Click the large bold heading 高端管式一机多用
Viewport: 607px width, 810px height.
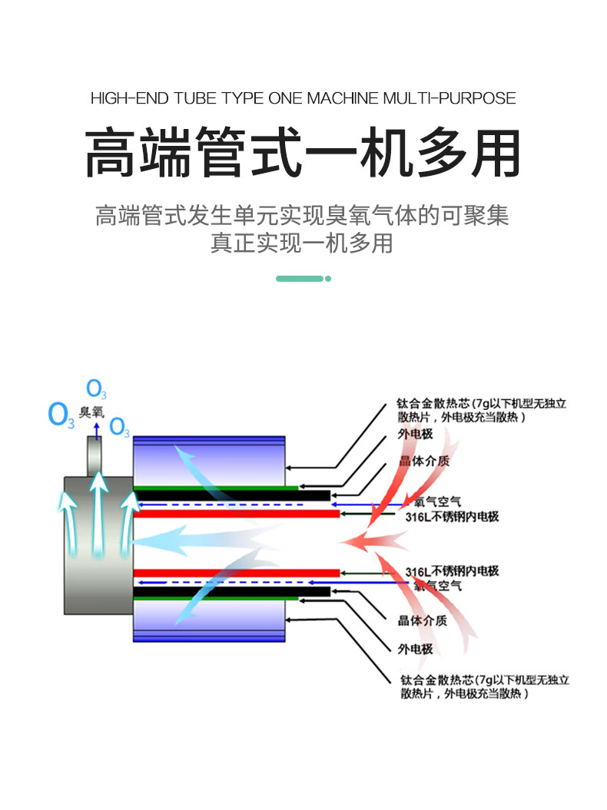303,154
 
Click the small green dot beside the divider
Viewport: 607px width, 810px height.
328,279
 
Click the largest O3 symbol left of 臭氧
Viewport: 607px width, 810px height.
61,415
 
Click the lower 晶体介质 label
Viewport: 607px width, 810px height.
422,620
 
